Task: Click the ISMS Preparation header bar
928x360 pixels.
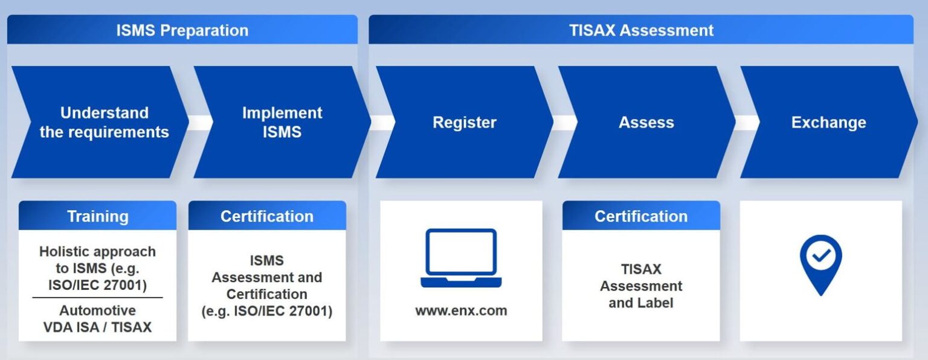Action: [x=182, y=30]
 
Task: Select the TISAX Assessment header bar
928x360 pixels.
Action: [x=641, y=30]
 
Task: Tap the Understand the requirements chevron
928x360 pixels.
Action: [x=100, y=122]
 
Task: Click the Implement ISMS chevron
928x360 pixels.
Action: [x=282, y=122]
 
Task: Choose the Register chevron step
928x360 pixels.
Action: [x=465, y=122]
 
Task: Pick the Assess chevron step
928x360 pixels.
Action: [x=646, y=122]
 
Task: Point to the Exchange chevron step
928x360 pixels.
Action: [x=828, y=122]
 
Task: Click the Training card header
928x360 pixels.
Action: [x=97, y=216]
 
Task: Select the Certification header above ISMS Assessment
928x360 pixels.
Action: [x=267, y=216]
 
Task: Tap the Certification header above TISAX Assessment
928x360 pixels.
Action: [x=641, y=216]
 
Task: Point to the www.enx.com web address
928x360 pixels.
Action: [x=461, y=310]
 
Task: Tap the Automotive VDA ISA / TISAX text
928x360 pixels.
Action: [x=97, y=318]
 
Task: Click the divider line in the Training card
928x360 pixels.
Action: [x=97, y=297]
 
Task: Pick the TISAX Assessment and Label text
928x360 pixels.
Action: [x=641, y=286]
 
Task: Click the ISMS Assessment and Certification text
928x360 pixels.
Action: [x=267, y=286]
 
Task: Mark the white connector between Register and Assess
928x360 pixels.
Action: [x=565, y=122]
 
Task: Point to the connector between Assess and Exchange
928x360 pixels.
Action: [x=747, y=122]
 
